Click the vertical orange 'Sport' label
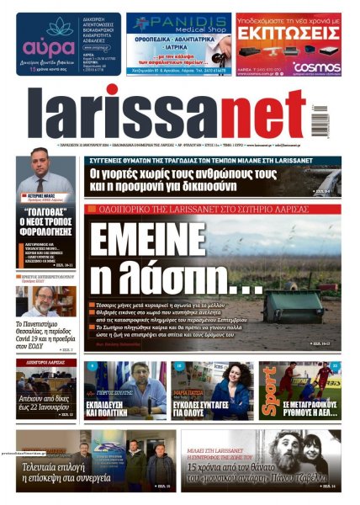point(268,390)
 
